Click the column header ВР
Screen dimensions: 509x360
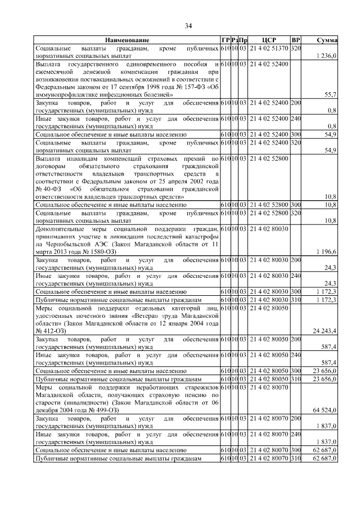pos(296,41)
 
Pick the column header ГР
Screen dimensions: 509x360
pos(225,41)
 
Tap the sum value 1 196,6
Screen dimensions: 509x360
pos(326,251)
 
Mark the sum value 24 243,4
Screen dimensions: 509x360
pos(325,331)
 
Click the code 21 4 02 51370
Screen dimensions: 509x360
pos(268,49)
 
